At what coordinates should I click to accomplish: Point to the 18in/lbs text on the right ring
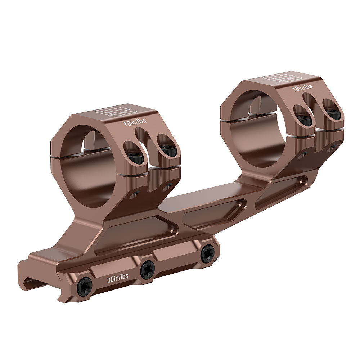pos(302,87)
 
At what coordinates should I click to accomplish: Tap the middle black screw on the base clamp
pos(148,269)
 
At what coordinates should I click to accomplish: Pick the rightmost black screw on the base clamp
pos(207,254)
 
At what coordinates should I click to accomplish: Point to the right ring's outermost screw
pos(333,114)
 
